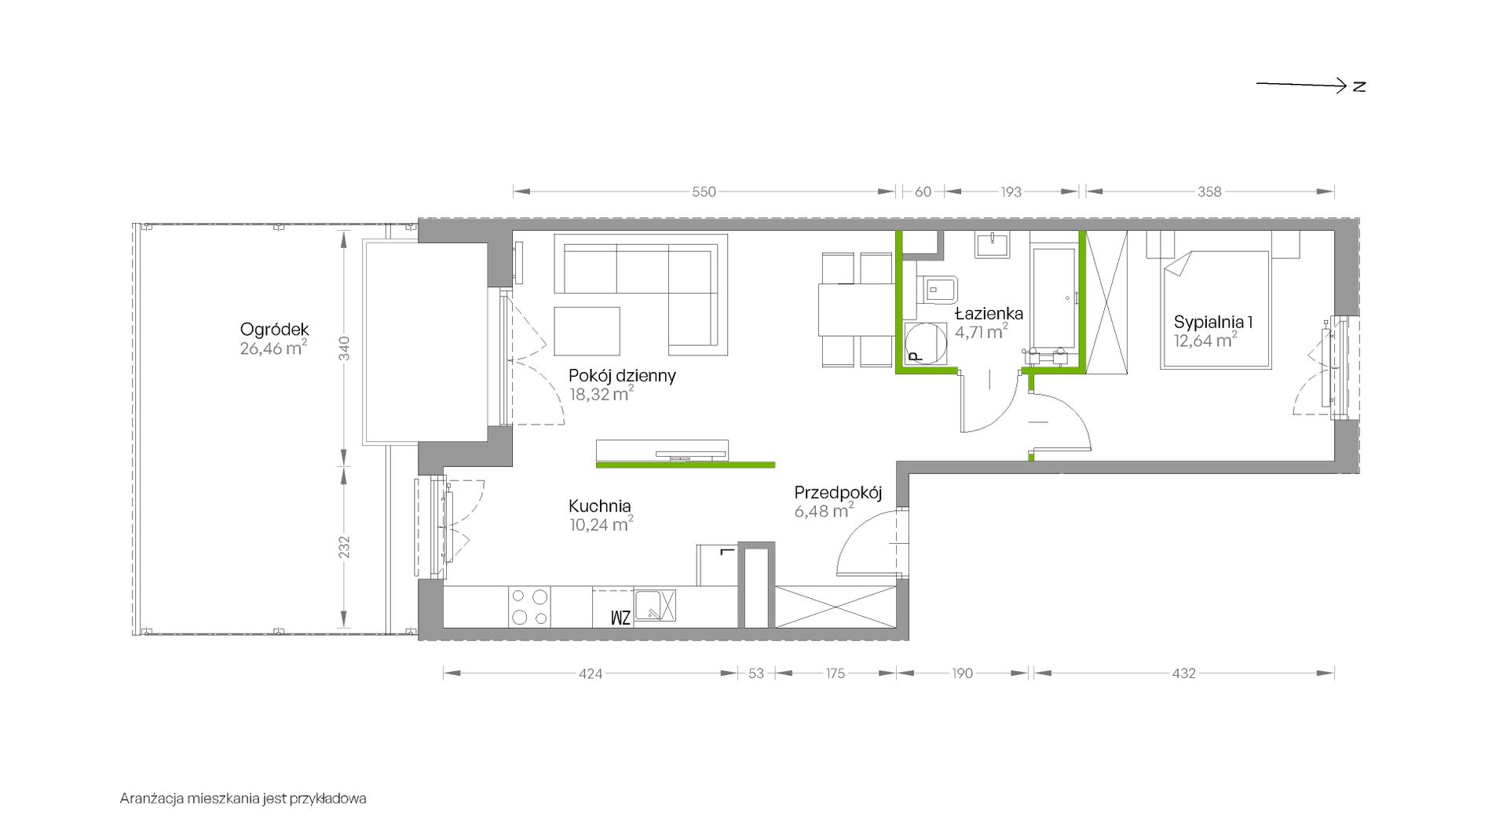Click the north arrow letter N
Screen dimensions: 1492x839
point(1359,86)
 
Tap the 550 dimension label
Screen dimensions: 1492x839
point(704,192)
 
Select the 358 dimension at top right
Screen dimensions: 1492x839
point(1209,192)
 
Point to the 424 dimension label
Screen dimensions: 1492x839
point(591,673)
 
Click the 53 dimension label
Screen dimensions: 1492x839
point(756,673)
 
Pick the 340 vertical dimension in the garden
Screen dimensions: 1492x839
point(344,348)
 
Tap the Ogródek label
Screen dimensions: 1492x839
point(275,330)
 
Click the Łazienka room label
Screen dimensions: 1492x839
point(989,313)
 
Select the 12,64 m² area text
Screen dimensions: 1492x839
point(1205,340)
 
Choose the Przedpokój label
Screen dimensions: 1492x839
point(838,493)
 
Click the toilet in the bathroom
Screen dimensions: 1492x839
point(938,290)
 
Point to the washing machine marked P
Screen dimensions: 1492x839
point(926,344)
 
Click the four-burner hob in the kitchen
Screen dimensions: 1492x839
point(529,607)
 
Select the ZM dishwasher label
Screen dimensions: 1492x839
point(620,618)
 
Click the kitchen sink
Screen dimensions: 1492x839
point(655,606)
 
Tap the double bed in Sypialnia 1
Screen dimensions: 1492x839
point(1216,309)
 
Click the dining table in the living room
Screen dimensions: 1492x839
point(856,310)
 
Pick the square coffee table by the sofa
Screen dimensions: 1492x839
point(587,330)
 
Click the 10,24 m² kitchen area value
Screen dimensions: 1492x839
point(602,524)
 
